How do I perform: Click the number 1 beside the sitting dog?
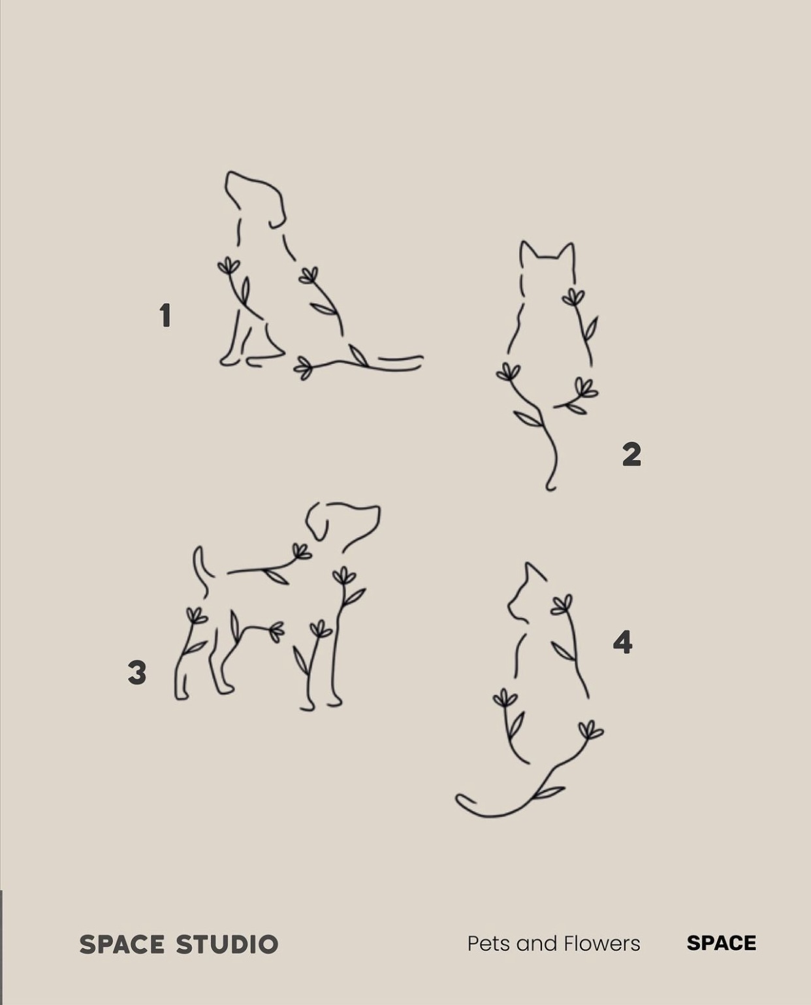pos(165,316)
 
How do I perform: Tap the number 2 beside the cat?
pos(632,454)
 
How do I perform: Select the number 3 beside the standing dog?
pos(136,672)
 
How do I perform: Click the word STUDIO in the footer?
pos(227,944)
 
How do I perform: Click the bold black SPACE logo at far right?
pos(721,943)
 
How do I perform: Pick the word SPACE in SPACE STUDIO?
pos(121,944)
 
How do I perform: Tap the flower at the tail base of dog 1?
pos(304,367)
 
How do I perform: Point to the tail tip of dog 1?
pos(421,359)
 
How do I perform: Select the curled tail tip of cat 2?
pos(550,486)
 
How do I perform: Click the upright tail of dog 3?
pos(201,571)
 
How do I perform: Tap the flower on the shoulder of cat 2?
pos(573,296)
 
